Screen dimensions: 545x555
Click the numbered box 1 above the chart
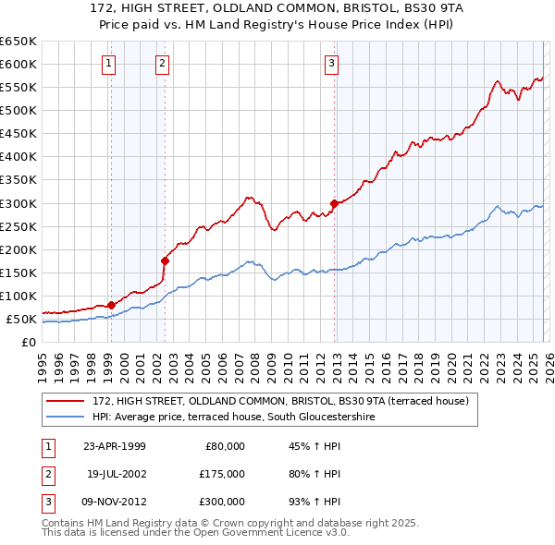(109, 64)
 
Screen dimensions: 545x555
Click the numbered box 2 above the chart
(162, 64)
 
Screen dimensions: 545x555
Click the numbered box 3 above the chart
(331, 64)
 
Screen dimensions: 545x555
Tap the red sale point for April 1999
(111, 305)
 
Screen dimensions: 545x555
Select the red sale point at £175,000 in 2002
(165, 260)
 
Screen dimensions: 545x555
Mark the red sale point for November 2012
(333, 203)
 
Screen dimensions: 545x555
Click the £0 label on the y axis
(29, 342)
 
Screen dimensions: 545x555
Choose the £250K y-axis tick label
(18, 226)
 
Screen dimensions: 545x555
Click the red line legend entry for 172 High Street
(281, 401)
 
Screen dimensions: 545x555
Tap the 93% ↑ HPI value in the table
(314, 502)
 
